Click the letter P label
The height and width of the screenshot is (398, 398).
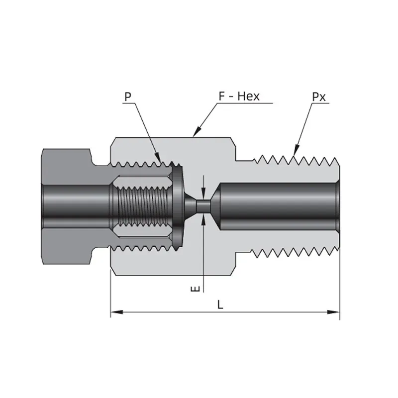point(128,97)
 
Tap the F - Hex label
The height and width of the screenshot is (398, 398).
point(239,97)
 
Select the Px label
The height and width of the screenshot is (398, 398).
point(318,97)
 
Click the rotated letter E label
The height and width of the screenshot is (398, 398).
point(195,289)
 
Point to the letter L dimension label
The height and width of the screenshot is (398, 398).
point(220,304)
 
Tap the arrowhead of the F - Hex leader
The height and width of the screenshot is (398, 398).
point(197,132)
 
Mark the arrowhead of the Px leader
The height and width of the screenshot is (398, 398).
point(296,150)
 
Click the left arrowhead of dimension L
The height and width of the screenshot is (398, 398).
point(117,312)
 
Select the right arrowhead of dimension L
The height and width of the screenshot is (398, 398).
point(333,312)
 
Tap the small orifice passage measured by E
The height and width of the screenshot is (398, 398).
point(203,206)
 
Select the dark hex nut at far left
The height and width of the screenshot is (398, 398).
point(67,206)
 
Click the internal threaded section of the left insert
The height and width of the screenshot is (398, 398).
point(143,206)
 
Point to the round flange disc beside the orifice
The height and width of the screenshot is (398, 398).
point(178,206)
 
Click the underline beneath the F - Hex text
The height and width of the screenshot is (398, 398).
point(245,103)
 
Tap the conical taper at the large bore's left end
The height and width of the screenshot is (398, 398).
point(215,206)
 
